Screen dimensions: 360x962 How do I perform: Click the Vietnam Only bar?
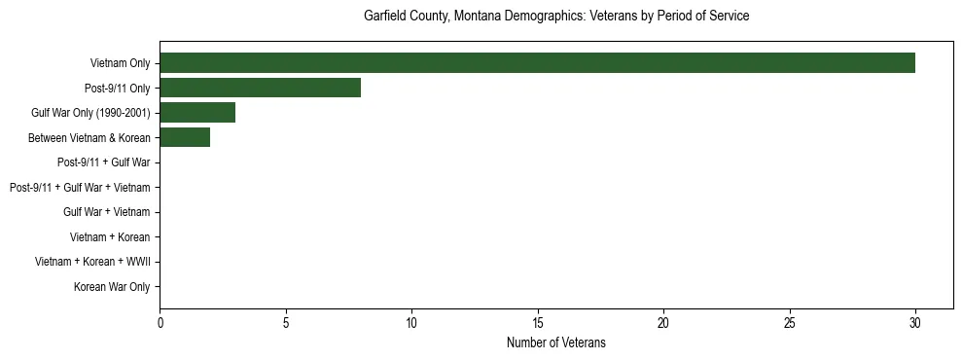coord(537,63)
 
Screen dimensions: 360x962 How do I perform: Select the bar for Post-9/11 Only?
coord(260,88)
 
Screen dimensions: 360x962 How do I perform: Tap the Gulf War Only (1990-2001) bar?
coord(197,113)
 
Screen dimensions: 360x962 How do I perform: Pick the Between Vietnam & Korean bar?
coord(185,137)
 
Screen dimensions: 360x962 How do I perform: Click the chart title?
coord(556,17)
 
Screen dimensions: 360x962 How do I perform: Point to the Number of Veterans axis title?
coord(556,342)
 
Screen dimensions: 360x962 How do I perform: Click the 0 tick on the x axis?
coord(160,322)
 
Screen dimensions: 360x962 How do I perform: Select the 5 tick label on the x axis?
coord(286,322)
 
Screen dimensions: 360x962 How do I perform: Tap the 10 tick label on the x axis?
coord(411,322)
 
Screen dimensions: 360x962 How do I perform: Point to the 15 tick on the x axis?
coord(538,322)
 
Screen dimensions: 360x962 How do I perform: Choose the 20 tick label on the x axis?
coord(663,322)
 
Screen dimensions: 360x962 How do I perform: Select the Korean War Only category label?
coord(112,287)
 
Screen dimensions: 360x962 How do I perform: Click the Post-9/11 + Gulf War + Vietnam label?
coord(80,187)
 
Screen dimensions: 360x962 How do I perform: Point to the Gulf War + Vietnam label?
coord(107,212)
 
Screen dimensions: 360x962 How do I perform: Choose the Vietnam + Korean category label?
coord(110,236)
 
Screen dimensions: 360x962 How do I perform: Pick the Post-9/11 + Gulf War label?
coord(104,162)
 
